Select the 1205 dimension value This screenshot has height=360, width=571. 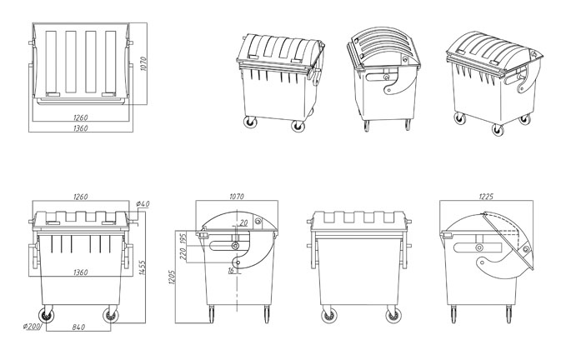pyautogui.click(x=172, y=277)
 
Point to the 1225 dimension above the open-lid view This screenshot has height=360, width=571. pyautogui.click(x=486, y=197)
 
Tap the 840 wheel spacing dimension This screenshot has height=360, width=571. pyautogui.click(x=78, y=327)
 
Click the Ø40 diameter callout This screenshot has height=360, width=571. pyautogui.click(x=143, y=204)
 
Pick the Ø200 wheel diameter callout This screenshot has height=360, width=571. pyautogui.click(x=32, y=326)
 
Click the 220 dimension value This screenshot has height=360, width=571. pyautogui.click(x=183, y=253)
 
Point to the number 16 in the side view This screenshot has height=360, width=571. pyautogui.click(x=231, y=271)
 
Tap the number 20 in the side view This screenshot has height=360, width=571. pyautogui.click(x=243, y=222)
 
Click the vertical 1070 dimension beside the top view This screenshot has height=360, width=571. pyautogui.click(x=143, y=63)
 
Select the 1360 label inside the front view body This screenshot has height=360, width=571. pyautogui.click(x=81, y=272)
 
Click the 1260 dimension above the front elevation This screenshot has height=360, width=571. pyautogui.click(x=81, y=197)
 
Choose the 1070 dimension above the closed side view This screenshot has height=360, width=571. pyautogui.click(x=237, y=197)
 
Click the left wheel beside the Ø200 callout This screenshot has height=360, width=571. pyautogui.click(x=46, y=315)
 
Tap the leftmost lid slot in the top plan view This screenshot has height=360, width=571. pyautogui.click(x=51, y=62)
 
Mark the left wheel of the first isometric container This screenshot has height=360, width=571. pyautogui.click(x=250, y=122)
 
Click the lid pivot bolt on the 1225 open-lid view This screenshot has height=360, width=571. pyautogui.click(x=526, y=249)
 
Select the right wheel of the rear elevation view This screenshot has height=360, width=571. pyautogui.click(x=393, y=315)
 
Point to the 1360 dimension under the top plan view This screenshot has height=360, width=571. pyautogui.click(x=81, y=128)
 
